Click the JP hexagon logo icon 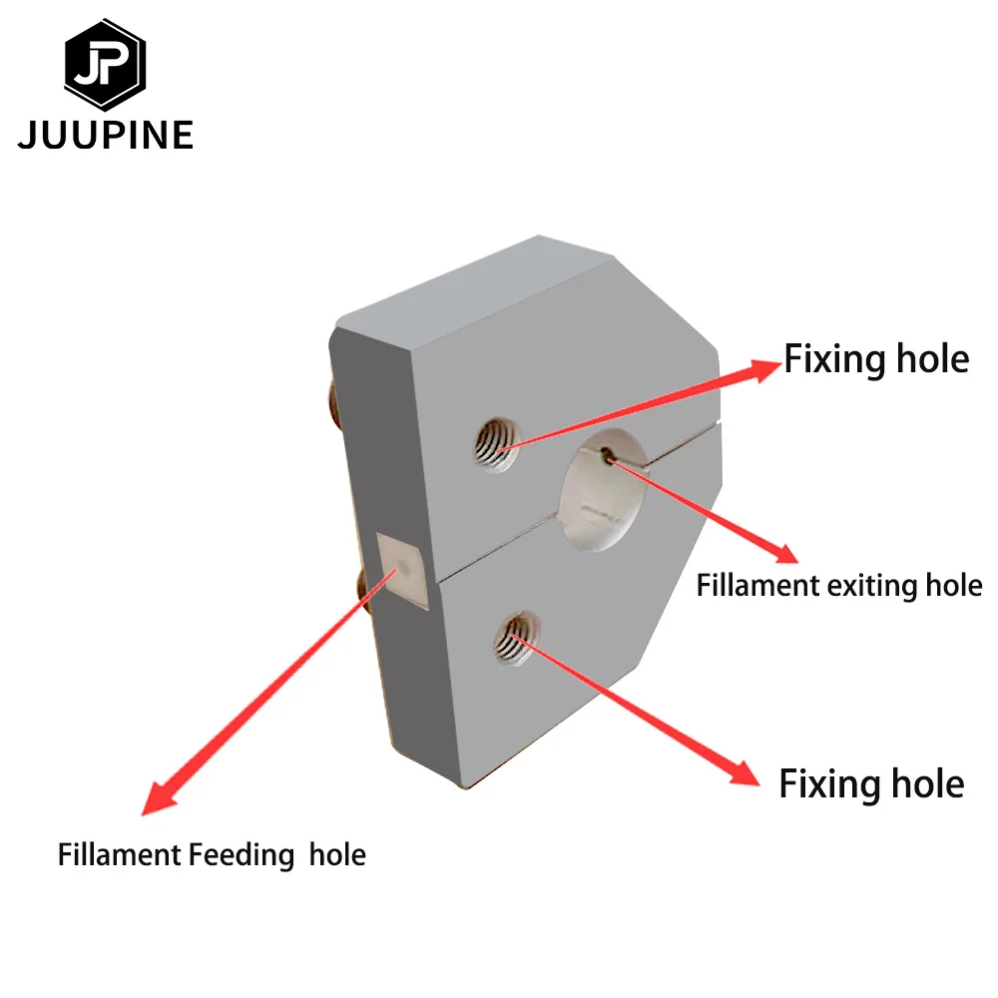pyautogui.click(x=105, y=65)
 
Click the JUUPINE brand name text pyautogui.click(x=105, y=135)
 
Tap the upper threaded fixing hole pyautogui.click(x=495, y=440)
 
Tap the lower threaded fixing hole pyautogui.click(x=514, y=639)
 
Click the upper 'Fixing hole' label pyautogui.click(x=876, y=359)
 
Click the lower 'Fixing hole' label pyautogui.click(x=871, y=784)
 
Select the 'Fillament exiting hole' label pyautogui.click(x=839, y=585)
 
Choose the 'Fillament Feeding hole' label pyautogui.click(x=212, y=855)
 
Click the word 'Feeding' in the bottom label pyautogui.click(x=241, y=855)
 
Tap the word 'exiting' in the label pyautogui.click(x=867, y=585)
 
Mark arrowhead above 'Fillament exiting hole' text pyautogui.click(x=785, y=552)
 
